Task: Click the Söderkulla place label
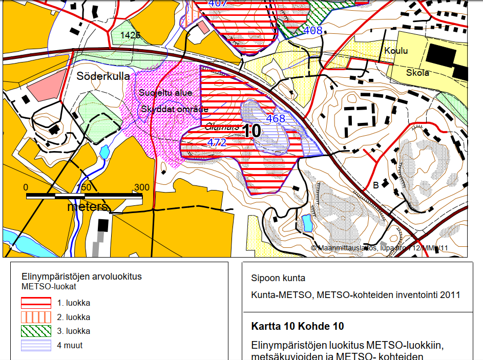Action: pos(103,76)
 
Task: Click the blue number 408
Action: pos(313,30)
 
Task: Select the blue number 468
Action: pos(275,118)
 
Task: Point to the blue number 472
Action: pos(217,143)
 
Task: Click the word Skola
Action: pos(417,73)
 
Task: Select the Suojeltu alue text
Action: pos(165,93)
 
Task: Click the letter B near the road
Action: pos(375,185)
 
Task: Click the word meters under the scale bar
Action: pos(88,207)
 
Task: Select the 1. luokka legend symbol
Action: pos(36,302)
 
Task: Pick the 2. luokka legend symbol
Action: pos(36,316)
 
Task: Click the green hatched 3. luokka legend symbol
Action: pos(36,331)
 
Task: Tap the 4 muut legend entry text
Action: pos(70,345)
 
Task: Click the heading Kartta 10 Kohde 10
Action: pos(298,326)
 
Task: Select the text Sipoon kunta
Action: pos(278,278)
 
